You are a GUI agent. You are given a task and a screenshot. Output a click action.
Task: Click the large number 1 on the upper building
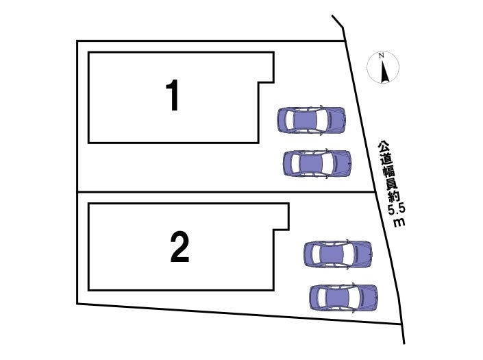click(x=173, y=95)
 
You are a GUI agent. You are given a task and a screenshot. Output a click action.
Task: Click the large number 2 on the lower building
click(x=179, y=248)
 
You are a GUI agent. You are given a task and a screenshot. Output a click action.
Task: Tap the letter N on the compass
click(x=384, y=56)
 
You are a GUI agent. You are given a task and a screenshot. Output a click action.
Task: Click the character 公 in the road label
click(x=382, y=147)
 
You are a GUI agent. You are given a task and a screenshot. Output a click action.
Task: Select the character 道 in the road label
click(x=385, y=158)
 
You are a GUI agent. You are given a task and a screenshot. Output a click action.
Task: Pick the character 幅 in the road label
click(x=388, y=171)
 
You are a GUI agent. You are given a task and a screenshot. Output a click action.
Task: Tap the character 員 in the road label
click(x=391, y=183)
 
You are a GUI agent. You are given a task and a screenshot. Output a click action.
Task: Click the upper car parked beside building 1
click(x=310, y=120)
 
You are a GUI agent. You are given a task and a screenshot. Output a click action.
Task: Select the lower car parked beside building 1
click(x=317, y=163)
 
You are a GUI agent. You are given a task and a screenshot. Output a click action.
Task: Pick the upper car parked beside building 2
click(x=338, y=254)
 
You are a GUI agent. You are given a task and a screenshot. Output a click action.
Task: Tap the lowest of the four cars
click(x=343, y=297)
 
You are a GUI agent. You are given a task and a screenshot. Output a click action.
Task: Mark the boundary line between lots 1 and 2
click(x=206, y=192)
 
